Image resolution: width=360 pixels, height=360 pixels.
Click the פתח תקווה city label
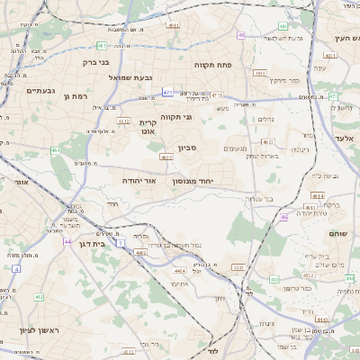tap(213, 65)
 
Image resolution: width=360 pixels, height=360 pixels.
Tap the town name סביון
tap(211, 147)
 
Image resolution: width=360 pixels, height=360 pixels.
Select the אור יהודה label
tap(139, 181)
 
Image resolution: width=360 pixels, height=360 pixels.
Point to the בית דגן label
tap(106, 242)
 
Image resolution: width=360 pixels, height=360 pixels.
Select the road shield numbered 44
tap(67, 241)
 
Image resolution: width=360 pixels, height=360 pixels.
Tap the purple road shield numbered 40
tap(242, 35)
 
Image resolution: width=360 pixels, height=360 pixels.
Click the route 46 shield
tap(283, 217)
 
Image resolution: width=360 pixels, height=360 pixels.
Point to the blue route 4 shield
tap(16, 268)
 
